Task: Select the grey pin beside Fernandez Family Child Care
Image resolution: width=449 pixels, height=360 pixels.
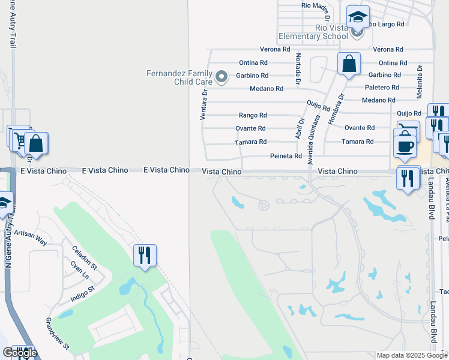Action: (221, 77)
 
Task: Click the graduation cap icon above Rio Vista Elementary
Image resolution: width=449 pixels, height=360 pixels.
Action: (358, 19)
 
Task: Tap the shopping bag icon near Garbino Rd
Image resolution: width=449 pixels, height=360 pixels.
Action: (349, 63)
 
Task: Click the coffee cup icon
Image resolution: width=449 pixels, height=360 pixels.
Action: (405, 146)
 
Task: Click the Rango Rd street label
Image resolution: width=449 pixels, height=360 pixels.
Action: (253, 115)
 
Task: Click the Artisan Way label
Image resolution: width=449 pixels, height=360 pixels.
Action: (30, 237)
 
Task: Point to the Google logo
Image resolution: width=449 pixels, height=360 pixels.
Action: (19, 353)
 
